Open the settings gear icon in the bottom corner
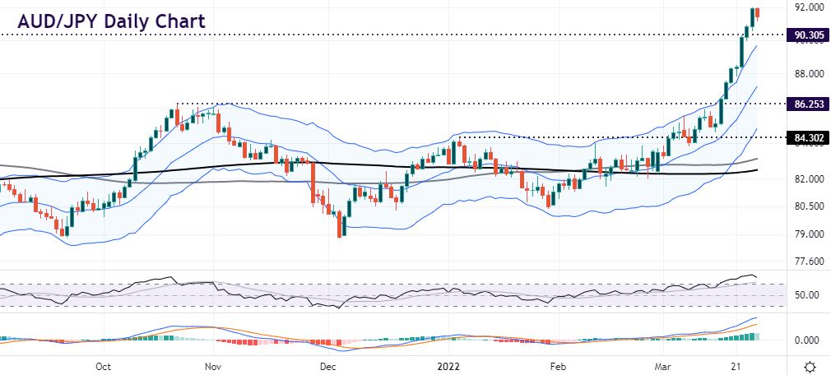(810, 366)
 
